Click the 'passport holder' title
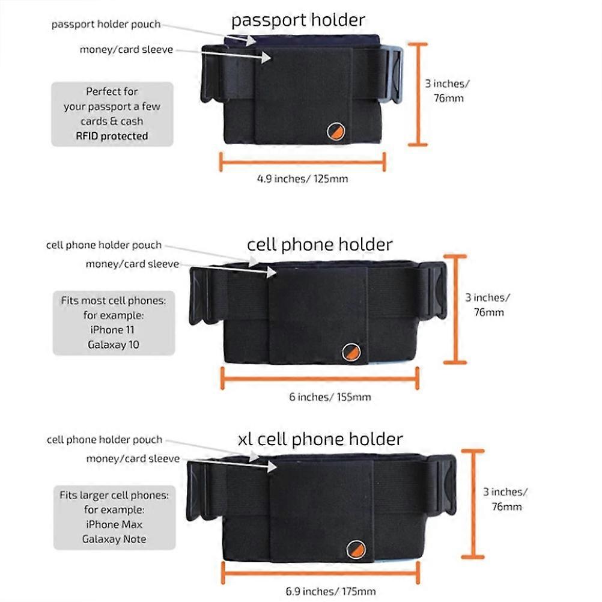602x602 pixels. click(298, 20)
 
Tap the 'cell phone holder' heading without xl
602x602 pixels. click(320, 245)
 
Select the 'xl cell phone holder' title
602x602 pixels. click(320, 439)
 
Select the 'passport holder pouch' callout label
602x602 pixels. click(106, 25)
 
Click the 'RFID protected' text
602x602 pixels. click(112, 136)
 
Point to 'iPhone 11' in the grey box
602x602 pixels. click(113, 330)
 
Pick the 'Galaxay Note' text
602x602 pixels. click(114, 539)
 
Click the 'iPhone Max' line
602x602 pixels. click(114, 524)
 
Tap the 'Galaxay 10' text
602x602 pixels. click(113, 344)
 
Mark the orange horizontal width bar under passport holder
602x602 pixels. click(302, 161)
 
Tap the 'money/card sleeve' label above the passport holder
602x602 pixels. click(126, 50)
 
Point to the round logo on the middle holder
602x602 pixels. click(351, 353)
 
